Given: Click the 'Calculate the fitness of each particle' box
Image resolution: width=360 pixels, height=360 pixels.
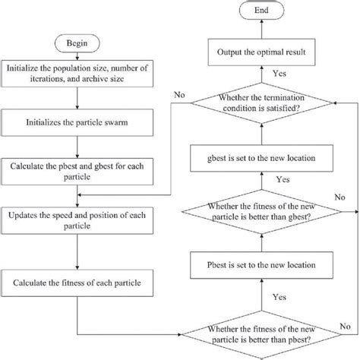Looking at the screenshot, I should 84,284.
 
